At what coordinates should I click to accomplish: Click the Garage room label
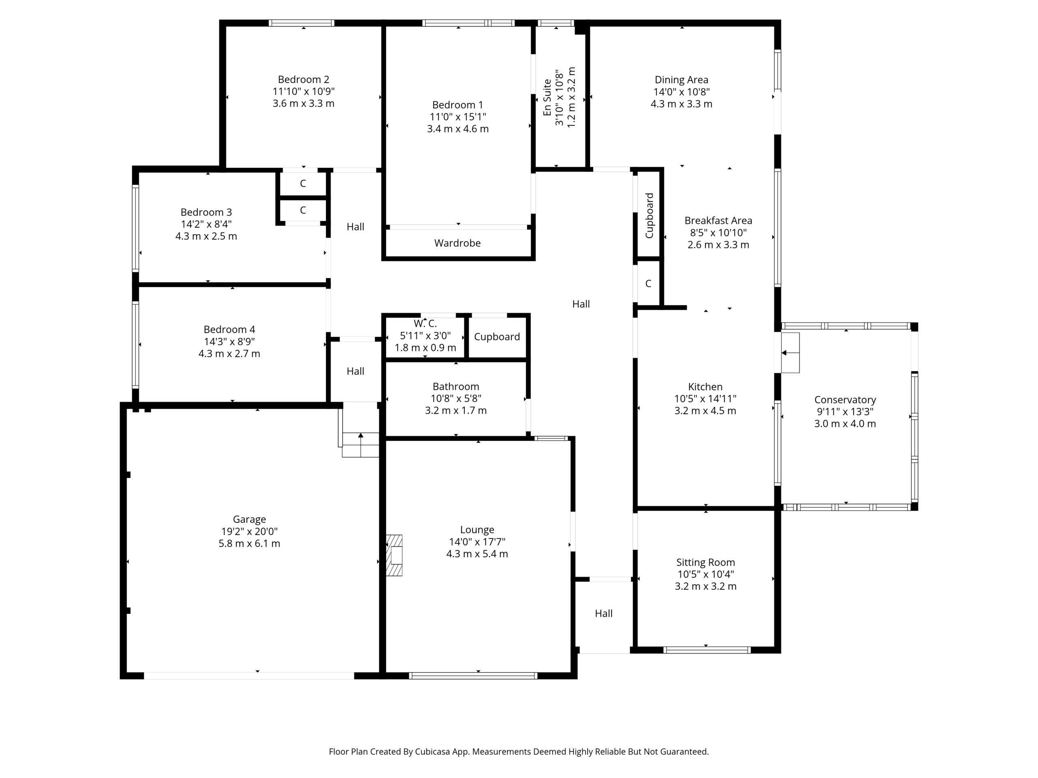click(x=249, y=519)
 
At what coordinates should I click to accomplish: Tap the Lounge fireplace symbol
click(x=394, y=555)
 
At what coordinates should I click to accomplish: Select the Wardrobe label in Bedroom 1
click(x=457, y=243)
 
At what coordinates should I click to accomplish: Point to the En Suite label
click(x=547, y=98)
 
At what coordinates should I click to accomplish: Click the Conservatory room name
click(x=845, y=400)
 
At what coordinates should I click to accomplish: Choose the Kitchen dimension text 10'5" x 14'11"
click(x=705, y=399)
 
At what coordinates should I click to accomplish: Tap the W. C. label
click(x=425, y=324)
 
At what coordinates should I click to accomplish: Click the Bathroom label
click(x=456, y=387)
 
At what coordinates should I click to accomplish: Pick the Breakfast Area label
click(x=718, y=220)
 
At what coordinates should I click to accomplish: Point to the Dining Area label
click(x=681, y=80)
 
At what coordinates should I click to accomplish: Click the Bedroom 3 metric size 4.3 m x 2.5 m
click(x=206, y=236)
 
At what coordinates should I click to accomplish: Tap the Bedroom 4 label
click(x=229, y=329)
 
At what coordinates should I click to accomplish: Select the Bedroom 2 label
click(x=304, y=79)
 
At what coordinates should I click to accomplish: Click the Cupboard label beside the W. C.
click(x=497, y=337)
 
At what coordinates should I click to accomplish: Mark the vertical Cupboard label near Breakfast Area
click(x=650, y=216)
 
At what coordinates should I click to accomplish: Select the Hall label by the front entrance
click(x=603, y=613)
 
